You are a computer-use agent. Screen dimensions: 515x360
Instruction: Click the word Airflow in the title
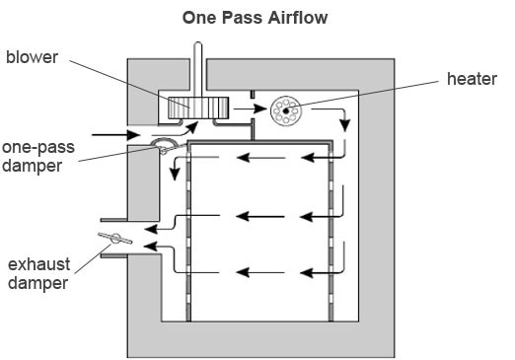298,18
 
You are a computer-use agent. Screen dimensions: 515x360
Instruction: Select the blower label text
32,57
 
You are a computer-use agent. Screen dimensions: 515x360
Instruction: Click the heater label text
472,79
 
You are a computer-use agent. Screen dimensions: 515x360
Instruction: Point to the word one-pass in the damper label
38,148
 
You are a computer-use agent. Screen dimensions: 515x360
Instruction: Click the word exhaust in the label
38,264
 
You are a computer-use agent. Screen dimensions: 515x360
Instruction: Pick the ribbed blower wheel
198,108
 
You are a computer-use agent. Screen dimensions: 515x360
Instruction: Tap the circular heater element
285,110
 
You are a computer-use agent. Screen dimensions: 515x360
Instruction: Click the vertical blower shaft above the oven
198,69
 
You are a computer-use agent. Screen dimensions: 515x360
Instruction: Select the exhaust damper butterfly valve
115,238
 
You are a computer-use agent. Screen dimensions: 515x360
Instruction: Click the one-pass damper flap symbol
164,145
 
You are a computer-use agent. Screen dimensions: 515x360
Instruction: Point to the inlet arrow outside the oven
115,135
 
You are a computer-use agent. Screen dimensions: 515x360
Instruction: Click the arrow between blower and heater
250,108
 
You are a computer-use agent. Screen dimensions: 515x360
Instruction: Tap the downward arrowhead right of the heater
345,125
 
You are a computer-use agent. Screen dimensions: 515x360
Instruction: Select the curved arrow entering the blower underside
176,130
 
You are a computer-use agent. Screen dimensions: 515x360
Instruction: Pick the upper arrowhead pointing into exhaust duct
151,229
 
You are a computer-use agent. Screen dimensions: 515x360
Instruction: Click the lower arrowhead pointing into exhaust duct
150,246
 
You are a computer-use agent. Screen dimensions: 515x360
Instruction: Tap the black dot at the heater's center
286,111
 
